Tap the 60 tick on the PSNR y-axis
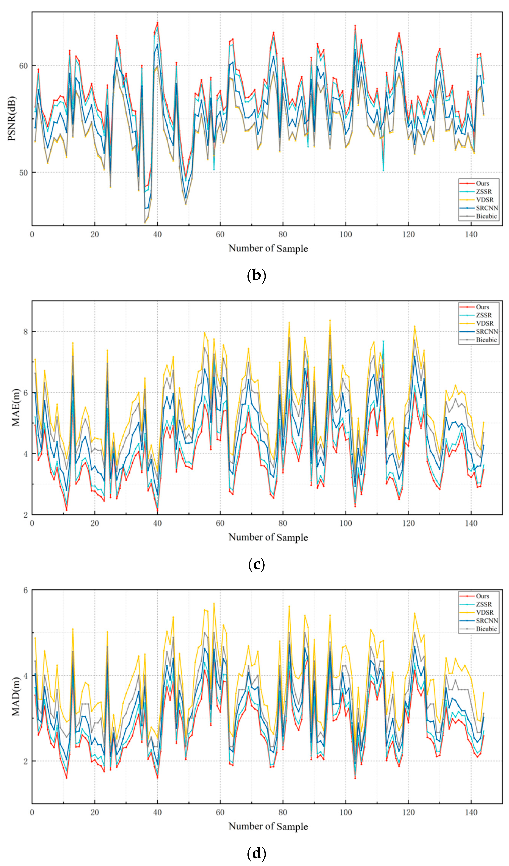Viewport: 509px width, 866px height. click(23, 66)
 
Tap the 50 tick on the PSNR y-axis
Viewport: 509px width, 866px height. click(23, 173)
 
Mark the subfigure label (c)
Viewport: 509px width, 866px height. click(256, 565)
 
